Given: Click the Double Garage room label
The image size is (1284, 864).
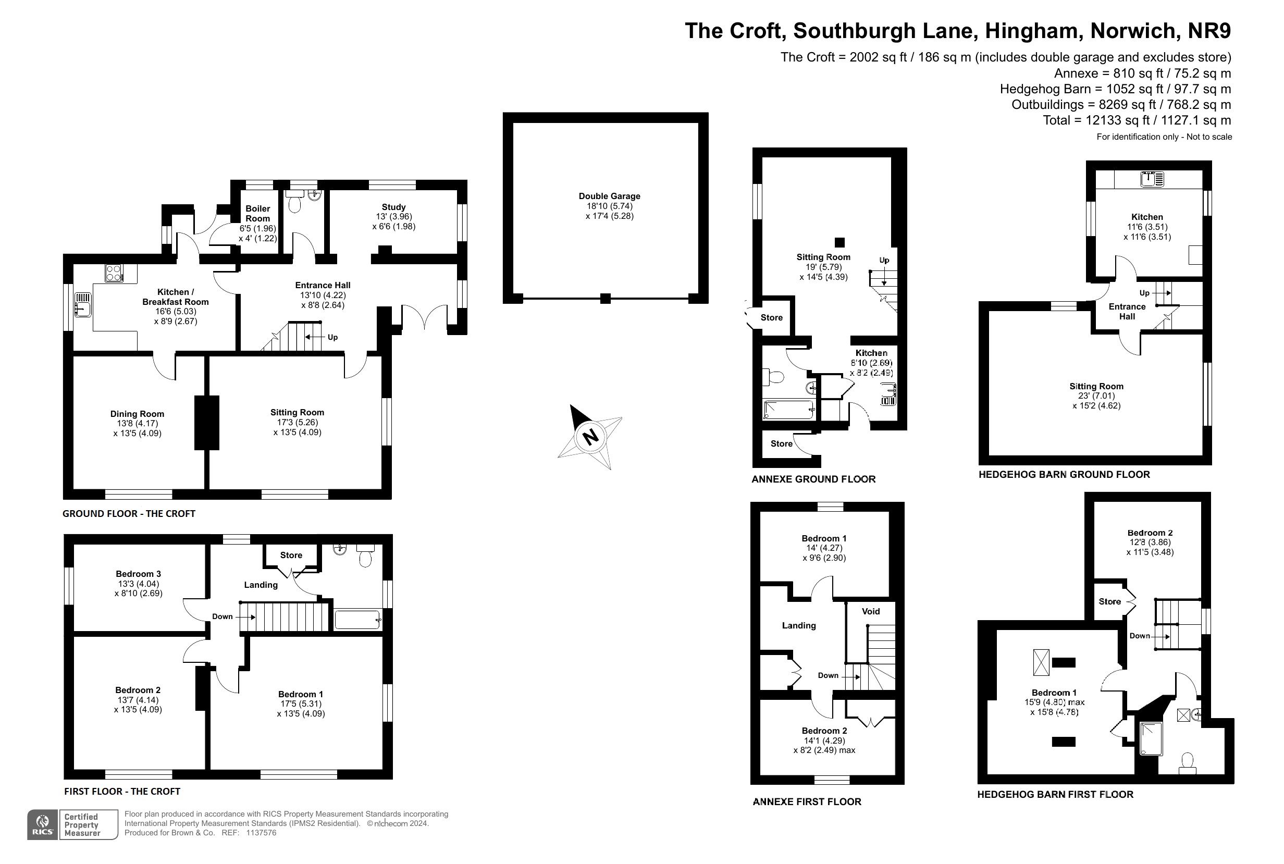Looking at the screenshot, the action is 609,196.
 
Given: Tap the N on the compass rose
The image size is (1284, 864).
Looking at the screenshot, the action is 590,437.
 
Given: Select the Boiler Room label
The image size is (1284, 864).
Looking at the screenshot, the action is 258,213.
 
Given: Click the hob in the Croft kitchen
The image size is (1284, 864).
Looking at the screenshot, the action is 114,273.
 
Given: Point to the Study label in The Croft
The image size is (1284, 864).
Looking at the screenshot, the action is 393,207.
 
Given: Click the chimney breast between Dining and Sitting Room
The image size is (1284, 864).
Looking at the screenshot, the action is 207,422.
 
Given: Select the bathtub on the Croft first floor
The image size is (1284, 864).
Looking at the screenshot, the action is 357,620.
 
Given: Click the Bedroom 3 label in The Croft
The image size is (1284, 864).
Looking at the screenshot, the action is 138,574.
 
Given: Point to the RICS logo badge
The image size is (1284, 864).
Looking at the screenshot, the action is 42,824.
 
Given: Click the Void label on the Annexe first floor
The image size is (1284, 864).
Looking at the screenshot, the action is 871,611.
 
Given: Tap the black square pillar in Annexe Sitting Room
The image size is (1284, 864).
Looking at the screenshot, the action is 839,242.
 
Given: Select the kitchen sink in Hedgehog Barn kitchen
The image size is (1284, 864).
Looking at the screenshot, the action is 1152,179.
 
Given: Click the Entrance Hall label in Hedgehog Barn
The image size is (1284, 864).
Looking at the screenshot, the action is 1127,311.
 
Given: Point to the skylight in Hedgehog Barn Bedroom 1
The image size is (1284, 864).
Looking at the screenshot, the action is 1041,662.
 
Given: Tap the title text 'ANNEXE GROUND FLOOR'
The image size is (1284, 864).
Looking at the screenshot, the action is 813,479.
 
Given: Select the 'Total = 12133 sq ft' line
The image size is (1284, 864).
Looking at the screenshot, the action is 1137,120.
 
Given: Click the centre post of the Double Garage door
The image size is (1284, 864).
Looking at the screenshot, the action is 605,299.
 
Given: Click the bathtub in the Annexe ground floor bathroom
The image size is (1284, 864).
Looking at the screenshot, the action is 789,410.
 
